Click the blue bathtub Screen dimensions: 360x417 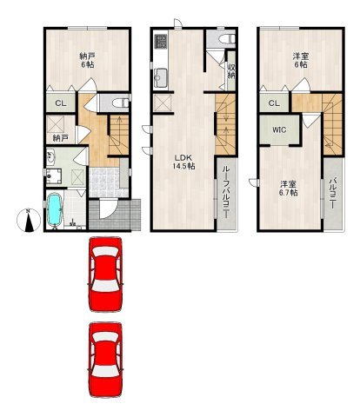[55, 209]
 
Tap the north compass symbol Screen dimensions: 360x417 [29, 221]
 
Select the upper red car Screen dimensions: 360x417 [105, 274]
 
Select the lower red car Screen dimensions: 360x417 [105, 360]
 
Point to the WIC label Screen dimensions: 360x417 [279, 130]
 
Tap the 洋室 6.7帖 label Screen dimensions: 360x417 [288, 189]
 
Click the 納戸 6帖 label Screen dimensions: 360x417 [87, 60]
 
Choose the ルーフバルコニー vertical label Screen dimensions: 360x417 [226, 193]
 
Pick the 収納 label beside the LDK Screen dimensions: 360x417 [231, 71]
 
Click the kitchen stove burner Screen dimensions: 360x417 [161, 41]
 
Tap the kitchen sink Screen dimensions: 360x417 [160, 77]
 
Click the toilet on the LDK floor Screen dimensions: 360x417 [228, 39]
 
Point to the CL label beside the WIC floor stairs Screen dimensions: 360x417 [274, 103]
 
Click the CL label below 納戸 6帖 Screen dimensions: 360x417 [61, 103]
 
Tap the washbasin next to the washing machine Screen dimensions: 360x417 [50, 156]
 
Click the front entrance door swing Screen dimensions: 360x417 [107, 209]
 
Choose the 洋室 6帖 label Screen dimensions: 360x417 [301, 60]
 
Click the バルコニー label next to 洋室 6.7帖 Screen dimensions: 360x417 [333, 192]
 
